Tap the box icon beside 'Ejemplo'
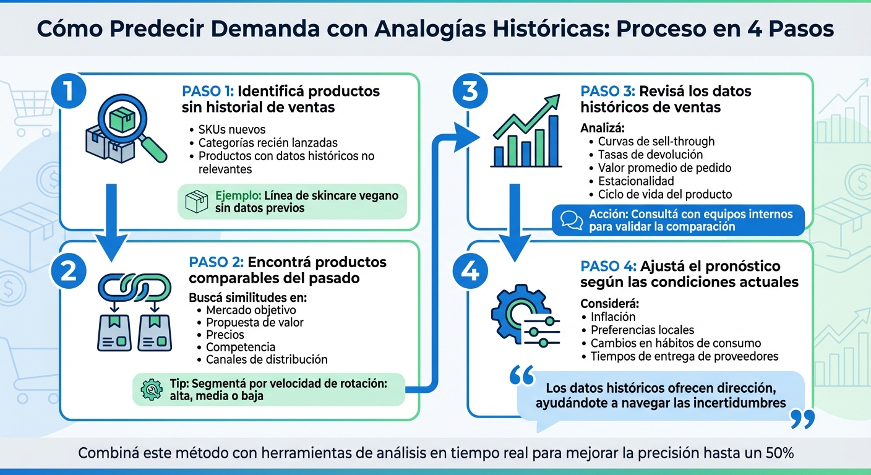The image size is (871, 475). point(197,201)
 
